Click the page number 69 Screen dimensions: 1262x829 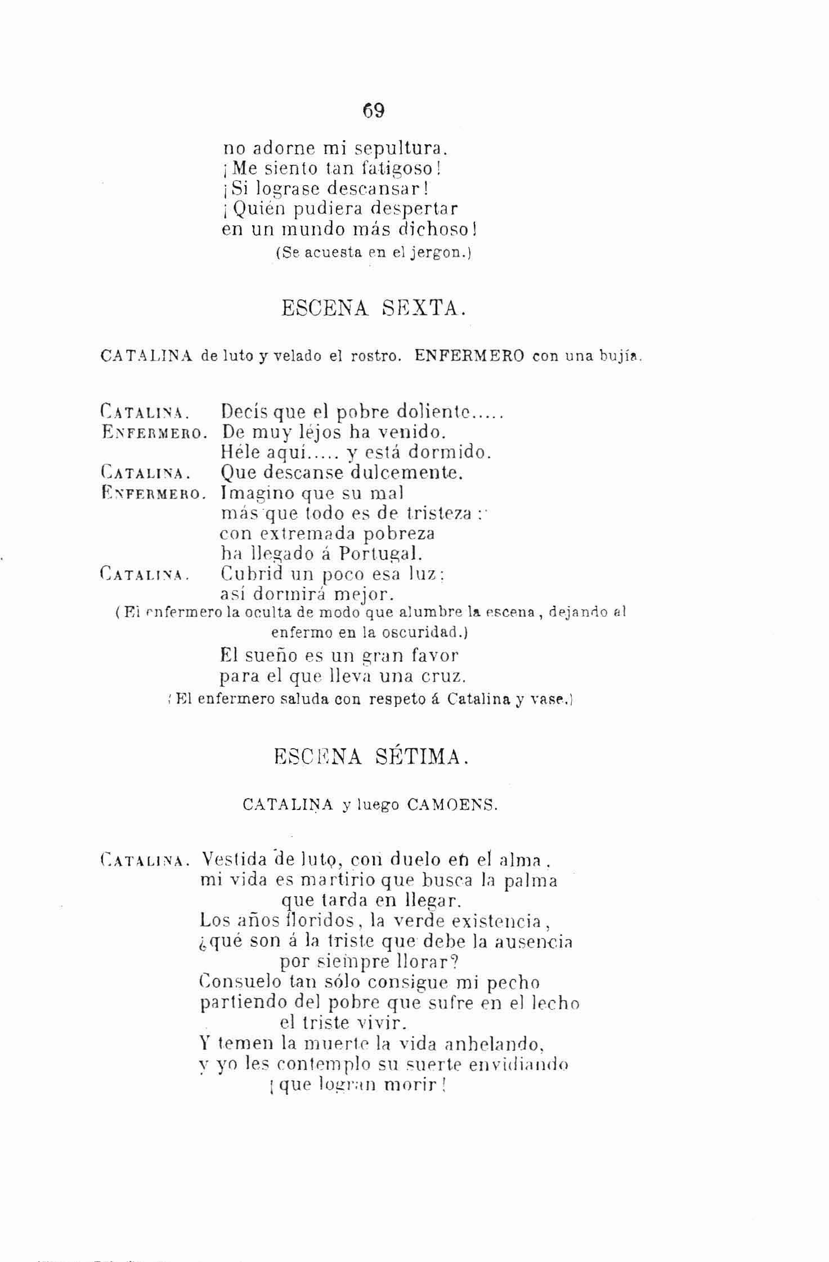point(374,111)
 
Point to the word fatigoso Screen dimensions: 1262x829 point(400,168)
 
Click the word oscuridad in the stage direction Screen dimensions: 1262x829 point(423,632)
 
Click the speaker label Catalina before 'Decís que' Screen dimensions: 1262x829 point(142,414)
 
